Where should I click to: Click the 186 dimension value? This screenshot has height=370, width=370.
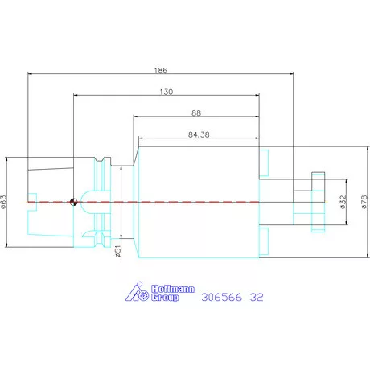tap(161, 70)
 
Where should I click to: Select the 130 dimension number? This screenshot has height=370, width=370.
tap(166, 92)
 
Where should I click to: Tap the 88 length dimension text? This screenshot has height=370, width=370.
tap(196, 113)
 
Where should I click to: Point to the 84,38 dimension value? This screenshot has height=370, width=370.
tap(199, 134)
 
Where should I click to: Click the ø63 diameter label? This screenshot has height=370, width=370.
tap(3, 202)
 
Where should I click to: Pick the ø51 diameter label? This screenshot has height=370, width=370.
tap(118, 251)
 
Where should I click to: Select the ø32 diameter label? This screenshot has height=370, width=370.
tap(343, 202)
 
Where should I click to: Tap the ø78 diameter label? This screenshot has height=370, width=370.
tap(364, 202)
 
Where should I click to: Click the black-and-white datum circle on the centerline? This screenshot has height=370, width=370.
tap(73, 202)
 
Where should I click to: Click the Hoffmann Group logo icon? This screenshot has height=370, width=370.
tap(137, 291)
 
